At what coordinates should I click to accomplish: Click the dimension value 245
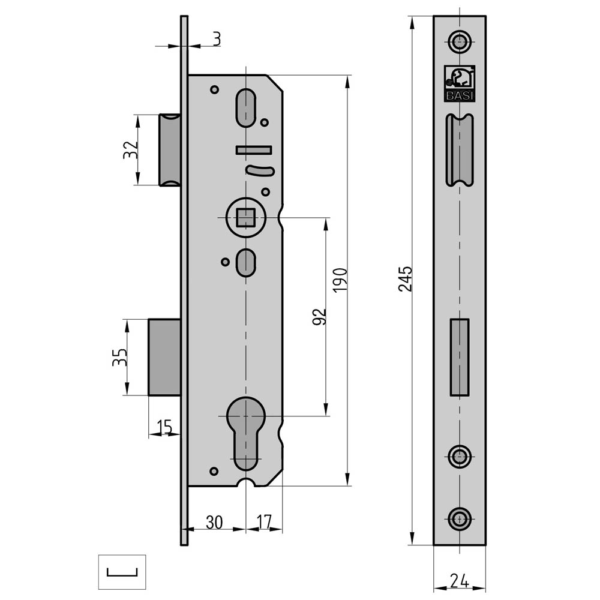(406, 279)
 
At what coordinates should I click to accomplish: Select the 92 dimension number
(320, 317)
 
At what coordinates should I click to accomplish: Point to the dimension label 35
(119, 357)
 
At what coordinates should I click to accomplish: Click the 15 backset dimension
(164, 427)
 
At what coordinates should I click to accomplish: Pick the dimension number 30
(214, 522)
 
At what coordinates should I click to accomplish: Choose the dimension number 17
(265, 522)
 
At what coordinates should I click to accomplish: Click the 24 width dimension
(459, 581)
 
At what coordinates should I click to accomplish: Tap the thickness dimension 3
(216, 39)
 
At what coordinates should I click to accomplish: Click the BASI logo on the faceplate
(460, 83)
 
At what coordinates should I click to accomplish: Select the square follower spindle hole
(245, 217)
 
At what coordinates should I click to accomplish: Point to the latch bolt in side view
(169, 149)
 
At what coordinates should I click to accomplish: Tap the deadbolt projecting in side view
(164, 357)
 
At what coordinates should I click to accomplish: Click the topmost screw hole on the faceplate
(460, 41)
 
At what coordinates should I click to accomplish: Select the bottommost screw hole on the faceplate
(460, 518)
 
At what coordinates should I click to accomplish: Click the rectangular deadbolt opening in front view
(460, 358)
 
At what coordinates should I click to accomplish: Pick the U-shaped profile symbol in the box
(122, 571)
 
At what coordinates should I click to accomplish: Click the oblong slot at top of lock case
(245, 108)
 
